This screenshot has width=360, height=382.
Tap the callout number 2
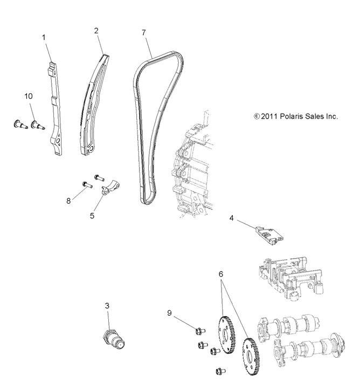(96, 31)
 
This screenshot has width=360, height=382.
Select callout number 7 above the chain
(143, 32)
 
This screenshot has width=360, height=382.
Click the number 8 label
(68, 200)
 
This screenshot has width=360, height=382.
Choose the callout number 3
(107, 305)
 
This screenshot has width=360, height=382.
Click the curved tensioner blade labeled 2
(93, 102)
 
